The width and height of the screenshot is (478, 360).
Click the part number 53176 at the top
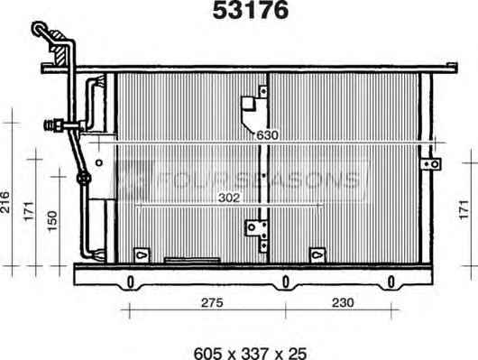(x=251, y=10)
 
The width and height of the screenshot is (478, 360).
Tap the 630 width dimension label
(x=267, y=135)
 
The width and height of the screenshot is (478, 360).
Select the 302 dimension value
(x=229, y=198)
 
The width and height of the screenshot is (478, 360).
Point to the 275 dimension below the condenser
(x=212, y=302)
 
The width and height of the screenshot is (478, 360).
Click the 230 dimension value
(x=343, y=302)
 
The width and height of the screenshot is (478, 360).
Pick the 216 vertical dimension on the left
(x=5, y=202)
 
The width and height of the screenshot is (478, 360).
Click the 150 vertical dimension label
(x=52, y=221)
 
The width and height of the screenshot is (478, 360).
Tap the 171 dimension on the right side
(x=464, y=209)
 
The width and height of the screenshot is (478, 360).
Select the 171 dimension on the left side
(x=29, y=211)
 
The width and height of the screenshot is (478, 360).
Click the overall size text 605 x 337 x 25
(x=250, y=354)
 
